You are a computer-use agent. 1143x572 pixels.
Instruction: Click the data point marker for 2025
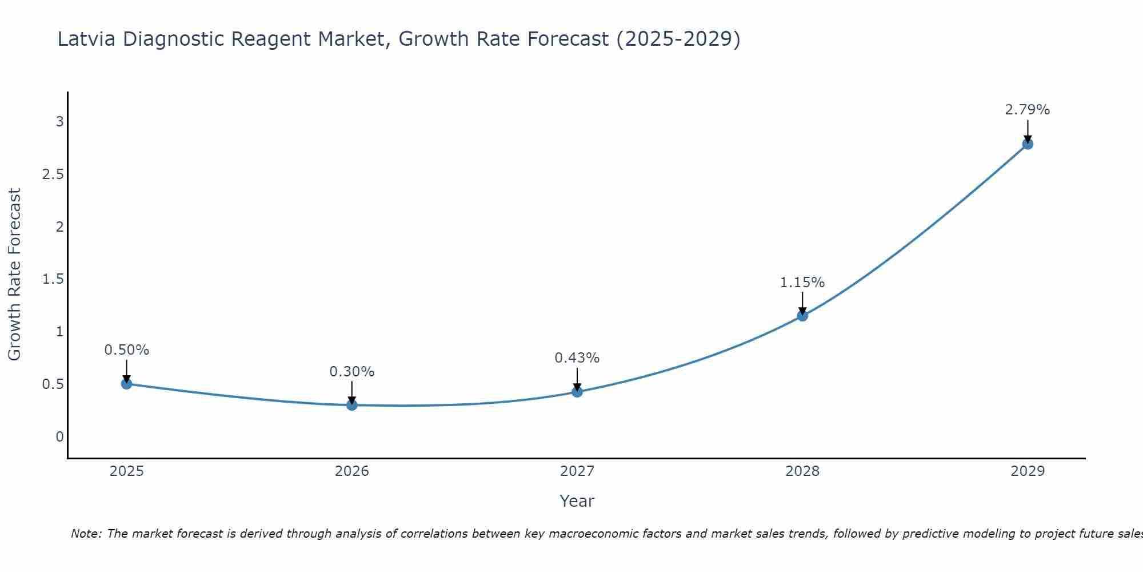coord(127,384)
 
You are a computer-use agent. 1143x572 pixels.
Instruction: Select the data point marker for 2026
coord(352,405)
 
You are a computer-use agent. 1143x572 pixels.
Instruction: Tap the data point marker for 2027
coord(577,392)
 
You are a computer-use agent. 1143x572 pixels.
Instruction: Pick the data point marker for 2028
coord(802,316)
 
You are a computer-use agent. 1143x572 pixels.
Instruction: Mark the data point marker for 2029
coord(1028,144)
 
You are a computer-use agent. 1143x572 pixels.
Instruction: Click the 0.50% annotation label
coord(127,350)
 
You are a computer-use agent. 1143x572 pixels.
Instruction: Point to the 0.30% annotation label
coord(352,372)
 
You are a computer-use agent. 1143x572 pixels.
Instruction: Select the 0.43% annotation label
coord(577,358)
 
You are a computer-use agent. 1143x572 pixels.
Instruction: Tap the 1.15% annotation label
coord(802,283)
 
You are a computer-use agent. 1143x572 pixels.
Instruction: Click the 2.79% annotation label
coord(1028,110)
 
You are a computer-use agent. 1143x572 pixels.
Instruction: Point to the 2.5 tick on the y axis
coord(53,174)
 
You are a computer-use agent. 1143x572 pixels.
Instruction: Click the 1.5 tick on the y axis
coord(53,279)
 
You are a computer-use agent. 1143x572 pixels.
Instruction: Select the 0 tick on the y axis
coord(59,437)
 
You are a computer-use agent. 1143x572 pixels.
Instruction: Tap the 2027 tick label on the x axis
coord(577,471)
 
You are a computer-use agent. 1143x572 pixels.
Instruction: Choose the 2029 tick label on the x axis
coord(1028,471)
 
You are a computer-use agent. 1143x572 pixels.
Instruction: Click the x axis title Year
coord(577,501)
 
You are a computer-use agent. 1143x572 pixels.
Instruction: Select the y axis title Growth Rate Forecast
coord(15,275)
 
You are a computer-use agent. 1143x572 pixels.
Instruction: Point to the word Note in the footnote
coord(86,534)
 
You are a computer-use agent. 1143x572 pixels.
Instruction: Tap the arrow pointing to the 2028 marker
coord(802,303)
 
